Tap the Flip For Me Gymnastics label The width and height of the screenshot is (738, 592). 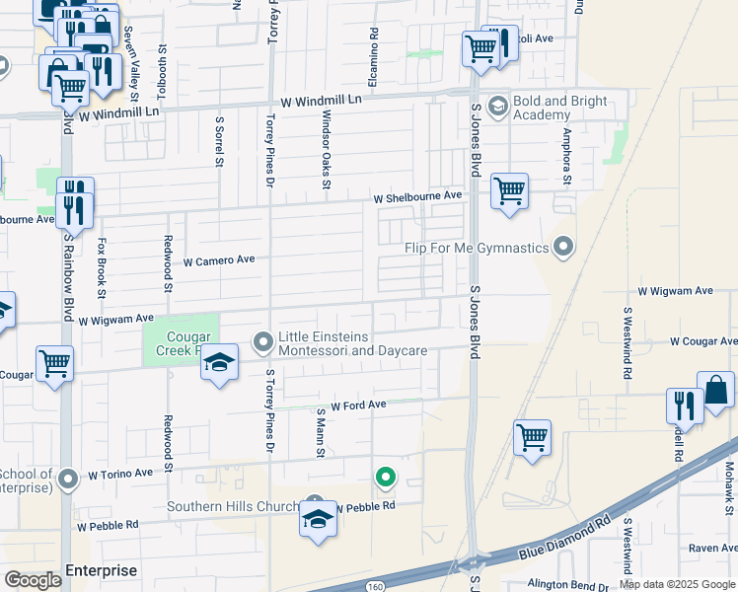coord(477,247)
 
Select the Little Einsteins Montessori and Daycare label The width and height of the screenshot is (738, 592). coord(352,343)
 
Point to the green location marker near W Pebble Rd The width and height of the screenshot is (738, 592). coord(386,479)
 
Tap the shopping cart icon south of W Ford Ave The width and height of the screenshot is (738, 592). coord(532,437)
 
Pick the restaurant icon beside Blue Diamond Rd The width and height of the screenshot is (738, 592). coord(686,405)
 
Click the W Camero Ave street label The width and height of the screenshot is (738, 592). coord(219,260)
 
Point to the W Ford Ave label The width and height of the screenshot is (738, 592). coord(358,405)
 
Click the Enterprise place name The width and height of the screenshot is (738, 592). coord(101,570)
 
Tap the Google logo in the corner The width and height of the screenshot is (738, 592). coord(34,579)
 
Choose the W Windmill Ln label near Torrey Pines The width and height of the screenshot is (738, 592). coord(322,101)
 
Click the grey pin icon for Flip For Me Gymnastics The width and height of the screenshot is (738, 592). coord(562,245)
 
